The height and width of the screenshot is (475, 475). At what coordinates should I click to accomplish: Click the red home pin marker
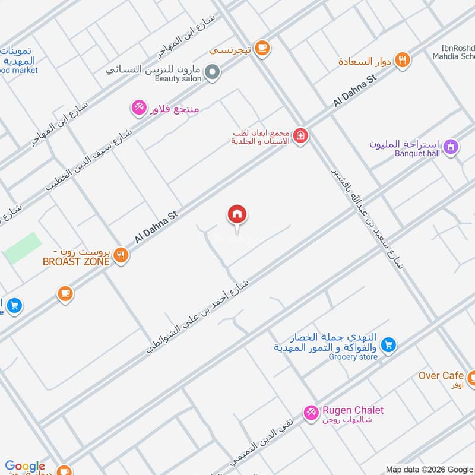click(x=237, y=215)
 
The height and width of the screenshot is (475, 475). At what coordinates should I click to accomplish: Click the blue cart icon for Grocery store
click(x=388, y=344)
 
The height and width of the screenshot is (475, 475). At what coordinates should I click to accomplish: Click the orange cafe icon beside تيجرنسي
click(x=261, y=47)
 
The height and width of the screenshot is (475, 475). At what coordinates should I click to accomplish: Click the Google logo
click(x=25, y=467)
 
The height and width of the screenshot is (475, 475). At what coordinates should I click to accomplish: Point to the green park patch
click(x=23, y=248)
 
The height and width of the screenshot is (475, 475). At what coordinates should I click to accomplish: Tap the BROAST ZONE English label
click(x=75, y=261)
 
